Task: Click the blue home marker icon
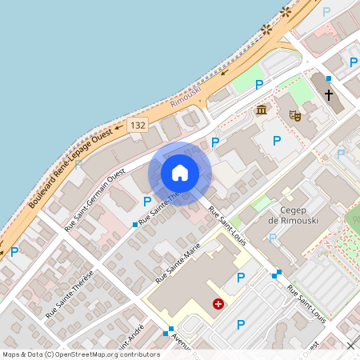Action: (179, 172)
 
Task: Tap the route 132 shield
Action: (138, 126)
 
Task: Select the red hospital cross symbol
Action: (218, 304)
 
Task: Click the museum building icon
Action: (261, 110)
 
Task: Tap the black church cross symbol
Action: (328, 95)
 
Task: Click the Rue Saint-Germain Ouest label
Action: (94, 200)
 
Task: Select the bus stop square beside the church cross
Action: (328, 78)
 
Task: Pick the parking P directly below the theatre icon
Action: (277, 141)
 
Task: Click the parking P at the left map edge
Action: (14, 251)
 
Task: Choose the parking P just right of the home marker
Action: (214, 142)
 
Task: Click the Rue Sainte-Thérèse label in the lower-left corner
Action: (70, 294)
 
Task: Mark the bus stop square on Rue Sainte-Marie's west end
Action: (135, 225)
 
